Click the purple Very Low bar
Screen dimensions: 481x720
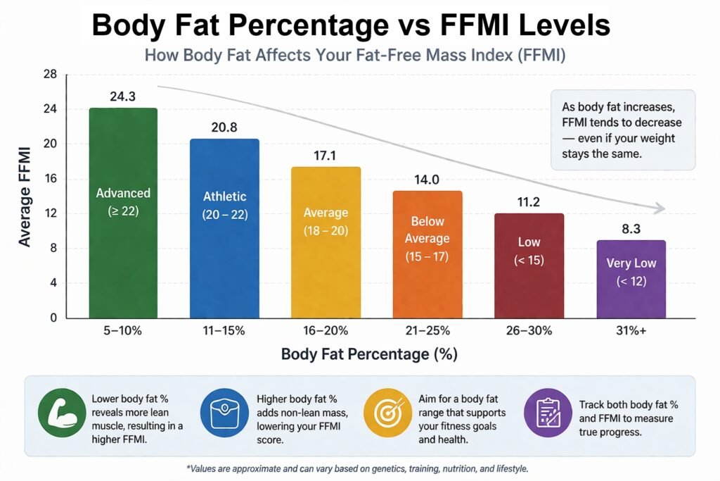pyautogui.click(x=631, y=279)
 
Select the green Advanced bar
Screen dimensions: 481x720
pyautogui.click(x=123, y=213)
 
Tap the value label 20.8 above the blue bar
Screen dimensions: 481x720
pyautogui.click(x=224, y=127)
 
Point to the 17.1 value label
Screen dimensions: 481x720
pyautogui.click(x=326, y=156)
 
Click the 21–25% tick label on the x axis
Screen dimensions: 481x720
pyautogui.click(x=427, y=330)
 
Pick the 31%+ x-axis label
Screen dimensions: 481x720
pyautogui.click(x=631, y=330)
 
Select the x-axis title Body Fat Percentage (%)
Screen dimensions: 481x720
pyautogui.click(x=369, y=354)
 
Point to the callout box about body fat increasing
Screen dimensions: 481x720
pyautogui.click(x=622, y=130)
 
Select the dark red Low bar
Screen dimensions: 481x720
pyautogui.click(x=529, y=266)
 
